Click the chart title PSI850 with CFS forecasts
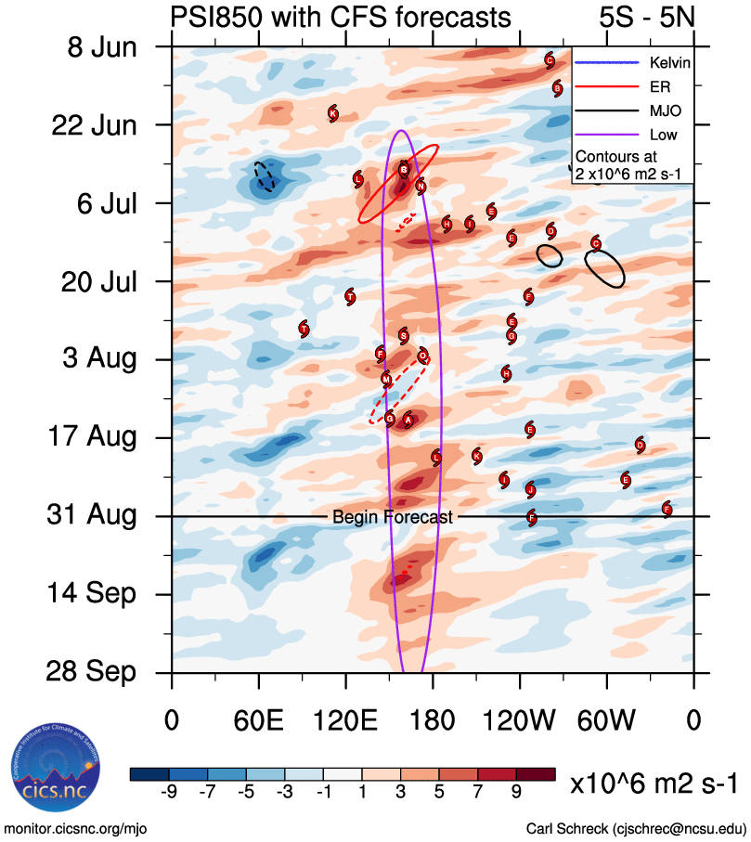click(341, 17)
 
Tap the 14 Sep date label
click(90, 593)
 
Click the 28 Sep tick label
click(90, 671)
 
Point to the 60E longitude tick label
click(259, 721)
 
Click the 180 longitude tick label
click(433, 721)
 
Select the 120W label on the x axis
click(520, 721)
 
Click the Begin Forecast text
click(393, 517)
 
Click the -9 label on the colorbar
click(169, 791)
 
